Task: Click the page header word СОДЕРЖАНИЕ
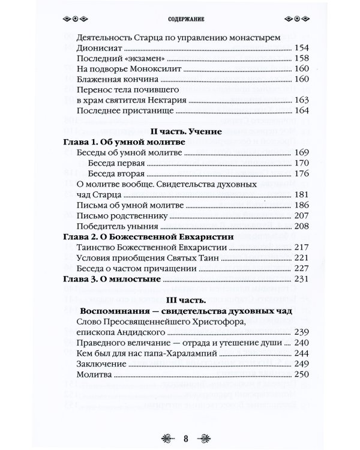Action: [180, 18]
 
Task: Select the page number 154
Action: [301, 48]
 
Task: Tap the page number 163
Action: [301, 100]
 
